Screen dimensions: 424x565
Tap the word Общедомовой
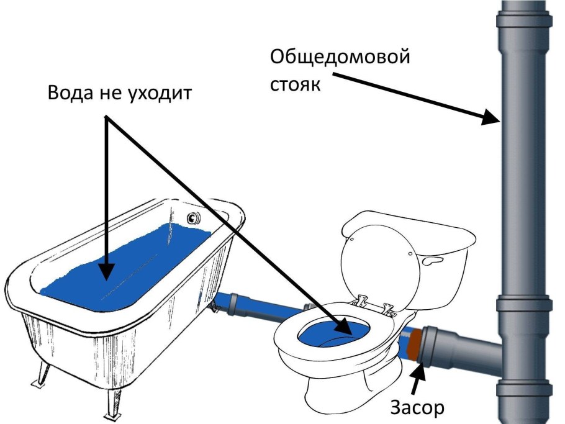(x=340, y=59)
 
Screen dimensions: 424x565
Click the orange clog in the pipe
(x=415, y=347)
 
